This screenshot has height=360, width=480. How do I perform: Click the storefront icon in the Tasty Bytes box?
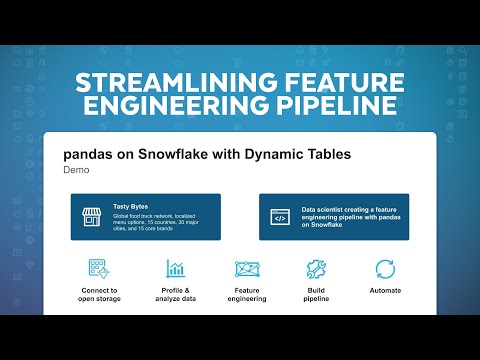92,216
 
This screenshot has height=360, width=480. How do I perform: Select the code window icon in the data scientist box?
280,216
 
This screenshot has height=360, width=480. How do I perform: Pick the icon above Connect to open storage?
99,269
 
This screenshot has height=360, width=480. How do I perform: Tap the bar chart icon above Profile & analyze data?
176,269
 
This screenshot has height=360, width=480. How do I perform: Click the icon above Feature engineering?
246,269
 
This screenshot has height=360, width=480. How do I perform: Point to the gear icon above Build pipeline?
316,269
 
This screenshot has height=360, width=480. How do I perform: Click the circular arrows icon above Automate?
385,269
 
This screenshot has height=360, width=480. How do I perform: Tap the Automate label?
385,290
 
